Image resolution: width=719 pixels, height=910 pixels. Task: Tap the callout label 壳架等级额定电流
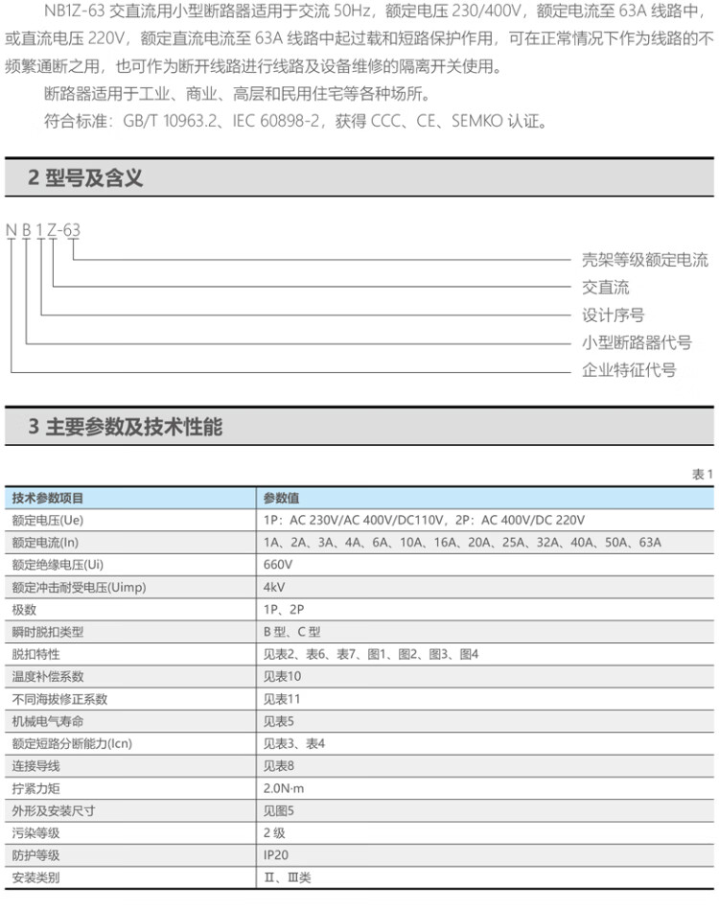coord(645,260)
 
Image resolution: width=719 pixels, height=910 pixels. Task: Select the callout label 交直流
coord(606,288)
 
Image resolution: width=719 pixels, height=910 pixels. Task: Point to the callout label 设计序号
coord(614,315)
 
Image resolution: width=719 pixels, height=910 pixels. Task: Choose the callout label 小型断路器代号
coord(637,343)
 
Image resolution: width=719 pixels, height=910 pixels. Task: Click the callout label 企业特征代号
coord(629,370)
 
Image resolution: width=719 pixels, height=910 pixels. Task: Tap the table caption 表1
coord(703,475)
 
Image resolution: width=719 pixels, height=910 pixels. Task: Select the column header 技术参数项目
coord(48,498)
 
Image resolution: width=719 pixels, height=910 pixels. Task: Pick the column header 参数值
coord(281,498)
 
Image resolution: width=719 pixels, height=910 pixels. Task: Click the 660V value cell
coord(278,565)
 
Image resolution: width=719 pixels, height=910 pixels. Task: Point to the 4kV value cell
coord(274,587)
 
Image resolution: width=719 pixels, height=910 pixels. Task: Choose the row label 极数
coord(24,610)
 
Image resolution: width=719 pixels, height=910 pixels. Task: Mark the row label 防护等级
coord(35,855)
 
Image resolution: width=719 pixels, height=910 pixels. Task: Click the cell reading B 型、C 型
coord(292,632)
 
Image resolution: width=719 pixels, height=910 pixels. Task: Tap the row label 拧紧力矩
coord(35,788)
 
